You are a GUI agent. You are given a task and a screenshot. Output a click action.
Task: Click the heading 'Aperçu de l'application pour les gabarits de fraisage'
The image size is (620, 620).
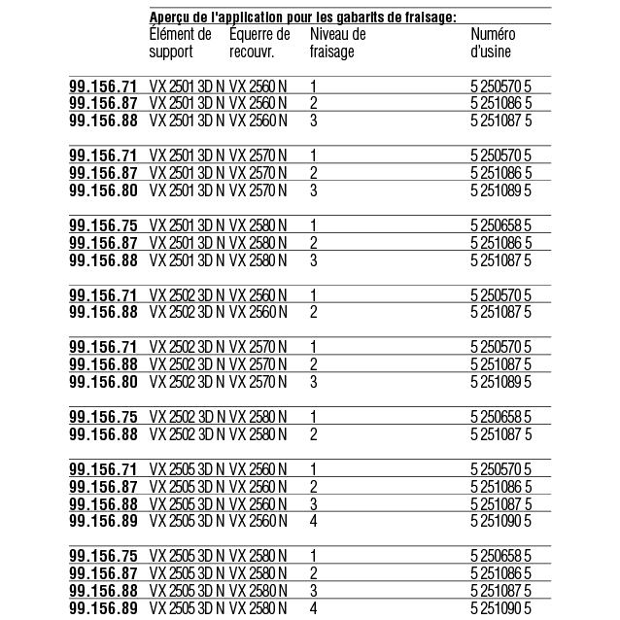click(303, 17)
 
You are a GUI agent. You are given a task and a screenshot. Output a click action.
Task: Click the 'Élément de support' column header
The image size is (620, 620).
click(180, 43)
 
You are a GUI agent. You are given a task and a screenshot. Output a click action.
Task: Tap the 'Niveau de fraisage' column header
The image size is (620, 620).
click(336, 43)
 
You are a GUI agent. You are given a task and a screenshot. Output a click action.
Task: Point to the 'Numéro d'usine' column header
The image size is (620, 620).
click(492, 43)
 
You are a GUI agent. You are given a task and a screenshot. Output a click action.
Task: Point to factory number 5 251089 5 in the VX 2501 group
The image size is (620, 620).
click(500, 190)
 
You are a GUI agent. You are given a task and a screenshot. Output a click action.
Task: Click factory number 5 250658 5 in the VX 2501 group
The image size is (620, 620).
click(500, 224)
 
